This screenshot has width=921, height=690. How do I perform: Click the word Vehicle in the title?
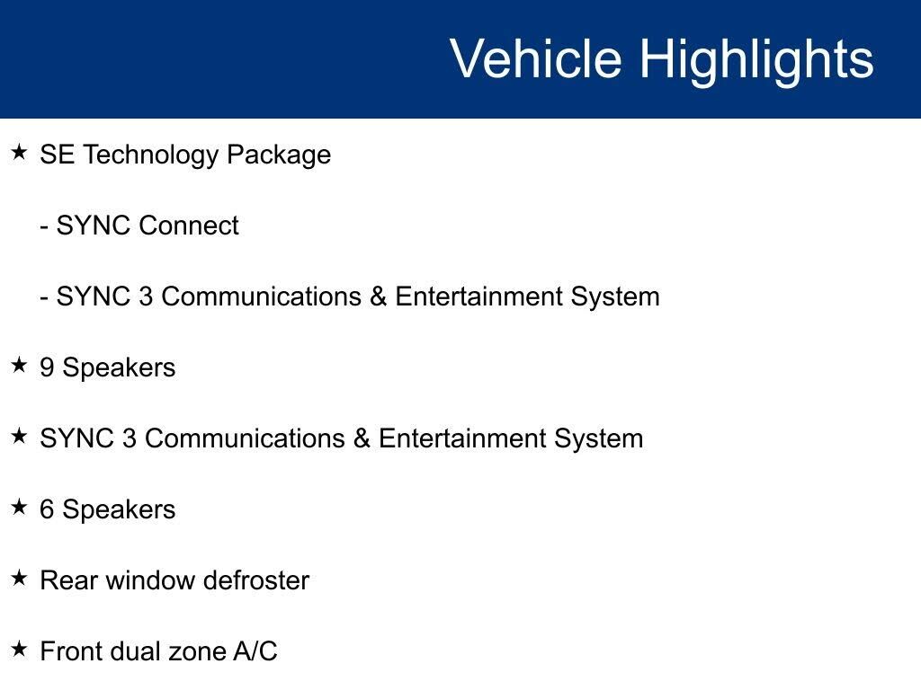(x=535, y=58)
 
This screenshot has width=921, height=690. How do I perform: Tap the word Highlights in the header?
(x=756, y=61)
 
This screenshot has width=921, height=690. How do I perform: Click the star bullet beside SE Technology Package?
(x=20, y=153)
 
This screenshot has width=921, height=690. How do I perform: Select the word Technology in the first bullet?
(x=150, y=155)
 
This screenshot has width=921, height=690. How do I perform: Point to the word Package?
(x=279, y=155)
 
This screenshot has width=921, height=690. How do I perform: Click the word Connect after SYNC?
(x=189, y=226)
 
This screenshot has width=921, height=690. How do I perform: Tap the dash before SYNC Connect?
(x=44, y=226)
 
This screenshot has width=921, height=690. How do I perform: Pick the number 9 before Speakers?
(x=47, y=367)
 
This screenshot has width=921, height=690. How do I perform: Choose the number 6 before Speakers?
(x=47, y=509)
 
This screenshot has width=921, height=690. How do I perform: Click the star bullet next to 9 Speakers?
(x=20, y=365)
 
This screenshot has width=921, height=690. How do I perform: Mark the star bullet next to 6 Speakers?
(x=20, y=507)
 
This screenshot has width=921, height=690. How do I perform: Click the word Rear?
(x=68, y=580)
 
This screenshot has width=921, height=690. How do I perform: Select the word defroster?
(x=256, y=580)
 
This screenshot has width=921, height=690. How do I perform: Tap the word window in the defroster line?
(x=151, y=580)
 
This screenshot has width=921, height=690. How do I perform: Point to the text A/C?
(x=255, y=651)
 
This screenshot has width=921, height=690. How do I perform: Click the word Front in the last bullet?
(x=72, y=651)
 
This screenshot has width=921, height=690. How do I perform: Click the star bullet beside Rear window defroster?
(x=20, y=578)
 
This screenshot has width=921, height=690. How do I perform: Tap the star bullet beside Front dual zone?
(x=20, y=649)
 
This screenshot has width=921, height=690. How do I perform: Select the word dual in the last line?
(x=136, y=651)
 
